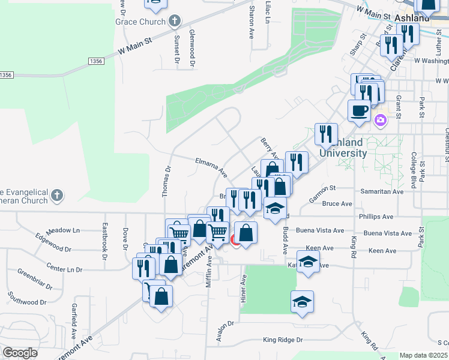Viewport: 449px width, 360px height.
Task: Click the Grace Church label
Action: click(x=140, y=22)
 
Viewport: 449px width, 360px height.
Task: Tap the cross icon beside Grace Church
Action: click(x=175, y=22)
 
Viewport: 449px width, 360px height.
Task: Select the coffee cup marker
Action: click(x=359, y=111)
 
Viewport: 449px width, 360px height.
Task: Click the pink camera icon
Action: click(x=380, y=122)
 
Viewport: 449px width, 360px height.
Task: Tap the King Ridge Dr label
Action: click(x=283, y=340)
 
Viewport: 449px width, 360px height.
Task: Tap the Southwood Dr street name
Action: click(x=26, y=299)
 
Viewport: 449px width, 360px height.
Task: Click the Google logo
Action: click(x=20, y=353)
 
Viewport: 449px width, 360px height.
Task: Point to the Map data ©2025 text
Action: click(x=423, y=355)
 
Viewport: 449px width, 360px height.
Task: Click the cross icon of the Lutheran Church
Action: click(x=56, y=196)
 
